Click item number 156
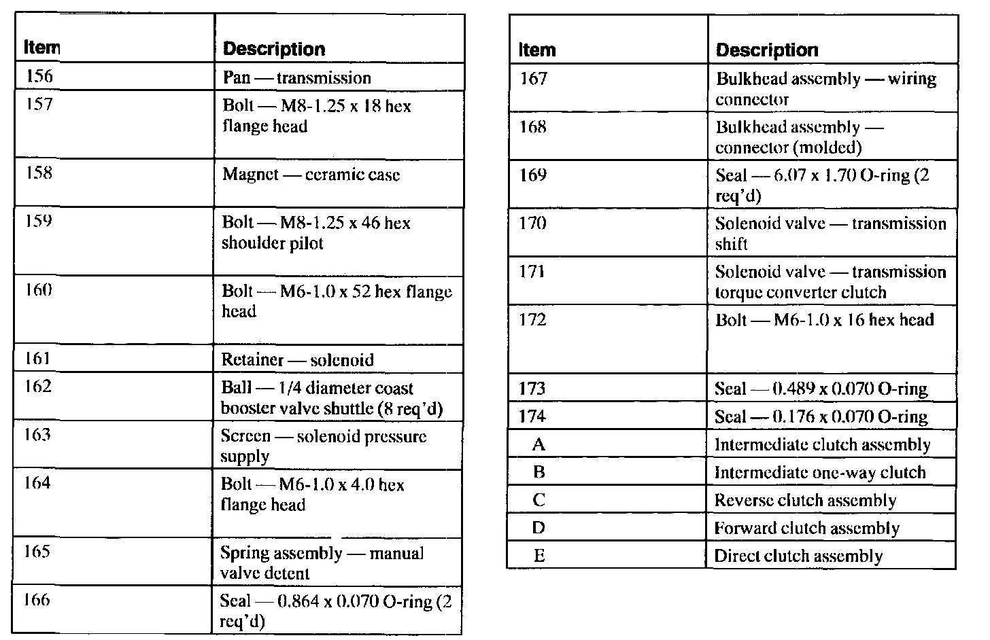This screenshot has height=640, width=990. [x=39, y=75]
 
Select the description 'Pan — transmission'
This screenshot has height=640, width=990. [x=296, y=77]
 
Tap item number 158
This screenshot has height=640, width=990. [x=39, y=173]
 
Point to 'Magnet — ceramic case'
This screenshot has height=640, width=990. [x=311, y=175]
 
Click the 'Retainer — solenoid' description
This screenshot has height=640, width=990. [x=297, y=359]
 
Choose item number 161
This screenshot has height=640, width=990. [x=38, y=358]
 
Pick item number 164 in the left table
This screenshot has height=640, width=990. [x=38, y=483]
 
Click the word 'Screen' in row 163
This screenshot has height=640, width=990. [x=245, y=436]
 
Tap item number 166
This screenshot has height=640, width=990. [x=37, y=600]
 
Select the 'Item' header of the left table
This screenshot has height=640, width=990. [x=41, y=48]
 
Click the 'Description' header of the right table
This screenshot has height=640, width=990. [x=767, y=50]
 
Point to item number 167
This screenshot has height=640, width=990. [x=533, y=79]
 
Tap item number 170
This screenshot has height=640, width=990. [x=533, y=223]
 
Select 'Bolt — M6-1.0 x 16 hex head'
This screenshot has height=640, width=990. [x=824, y=320]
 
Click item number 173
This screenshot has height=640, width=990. [x=532, y=389]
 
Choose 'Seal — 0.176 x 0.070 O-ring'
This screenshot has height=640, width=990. [x=821, y=416]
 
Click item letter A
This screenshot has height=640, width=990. [x=539, y=444]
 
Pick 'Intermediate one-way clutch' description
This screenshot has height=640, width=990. [x=819, y=472]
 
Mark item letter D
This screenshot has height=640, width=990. [x=539, y=528]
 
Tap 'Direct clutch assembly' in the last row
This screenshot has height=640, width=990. [x=798, y=556]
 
